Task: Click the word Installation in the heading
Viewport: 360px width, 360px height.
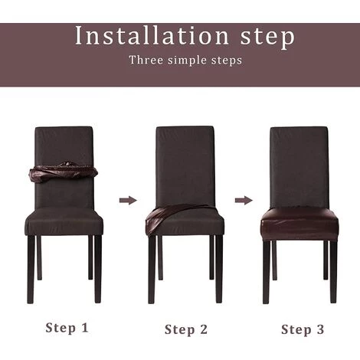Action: (x=152, y=35)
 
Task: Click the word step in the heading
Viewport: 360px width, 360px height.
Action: (x=268, y=38)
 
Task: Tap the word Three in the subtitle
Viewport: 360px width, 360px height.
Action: (x=146, y=60)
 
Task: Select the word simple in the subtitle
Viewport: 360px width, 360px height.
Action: (x=187, y=61)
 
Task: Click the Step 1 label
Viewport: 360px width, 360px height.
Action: (x=67, y=328)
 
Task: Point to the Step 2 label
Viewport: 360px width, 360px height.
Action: (x=186, y=329)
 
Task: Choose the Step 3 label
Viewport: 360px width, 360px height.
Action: (x=303, y=329)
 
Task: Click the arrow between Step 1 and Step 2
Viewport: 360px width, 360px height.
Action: (x=128, y=200)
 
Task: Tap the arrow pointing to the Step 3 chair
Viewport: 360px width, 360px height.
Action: (x=244, y=200)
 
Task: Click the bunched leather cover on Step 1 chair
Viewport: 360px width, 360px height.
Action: (x=64, y=172)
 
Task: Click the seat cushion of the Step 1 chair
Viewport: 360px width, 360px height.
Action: (x=64, y=220)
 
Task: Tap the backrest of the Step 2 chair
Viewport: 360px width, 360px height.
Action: (x=185, y=166)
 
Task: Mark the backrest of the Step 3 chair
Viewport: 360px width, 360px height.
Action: (x=299, y=167)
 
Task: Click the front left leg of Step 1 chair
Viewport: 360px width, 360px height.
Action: (x=31, y=270)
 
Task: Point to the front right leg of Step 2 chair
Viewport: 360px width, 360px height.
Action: (x=219, y=269)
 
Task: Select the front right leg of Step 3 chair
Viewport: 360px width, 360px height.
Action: (x=333, y=271)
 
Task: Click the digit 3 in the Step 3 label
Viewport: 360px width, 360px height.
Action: (x=320, y=329)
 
